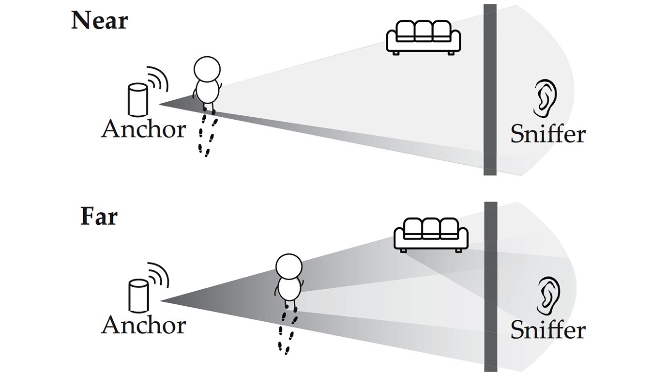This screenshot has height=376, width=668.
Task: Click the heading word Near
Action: (99, 20)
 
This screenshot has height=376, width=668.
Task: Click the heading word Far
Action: (99, 217)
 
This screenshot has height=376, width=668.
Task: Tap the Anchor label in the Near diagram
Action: (143, 129)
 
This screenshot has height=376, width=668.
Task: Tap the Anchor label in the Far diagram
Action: (143, 325)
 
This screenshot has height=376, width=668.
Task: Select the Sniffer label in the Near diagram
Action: (547, 134)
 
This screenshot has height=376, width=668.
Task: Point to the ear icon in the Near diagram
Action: (545, 98)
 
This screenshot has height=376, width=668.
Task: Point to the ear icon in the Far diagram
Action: (548, 294)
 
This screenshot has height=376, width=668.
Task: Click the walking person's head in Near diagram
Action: (207, 70)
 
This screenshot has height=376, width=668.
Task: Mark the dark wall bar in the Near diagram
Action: (490, 90)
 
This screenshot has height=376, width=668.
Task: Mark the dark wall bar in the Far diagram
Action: (490, 286)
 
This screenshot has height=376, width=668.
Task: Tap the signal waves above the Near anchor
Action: (157, 79)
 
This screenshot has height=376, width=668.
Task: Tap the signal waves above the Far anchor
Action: (158, 275)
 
